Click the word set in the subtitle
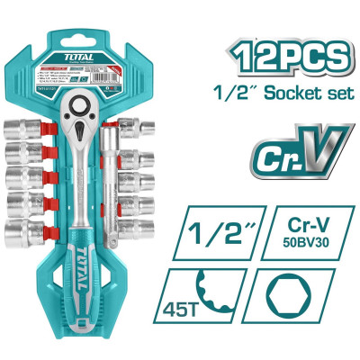tap(328, 96)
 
